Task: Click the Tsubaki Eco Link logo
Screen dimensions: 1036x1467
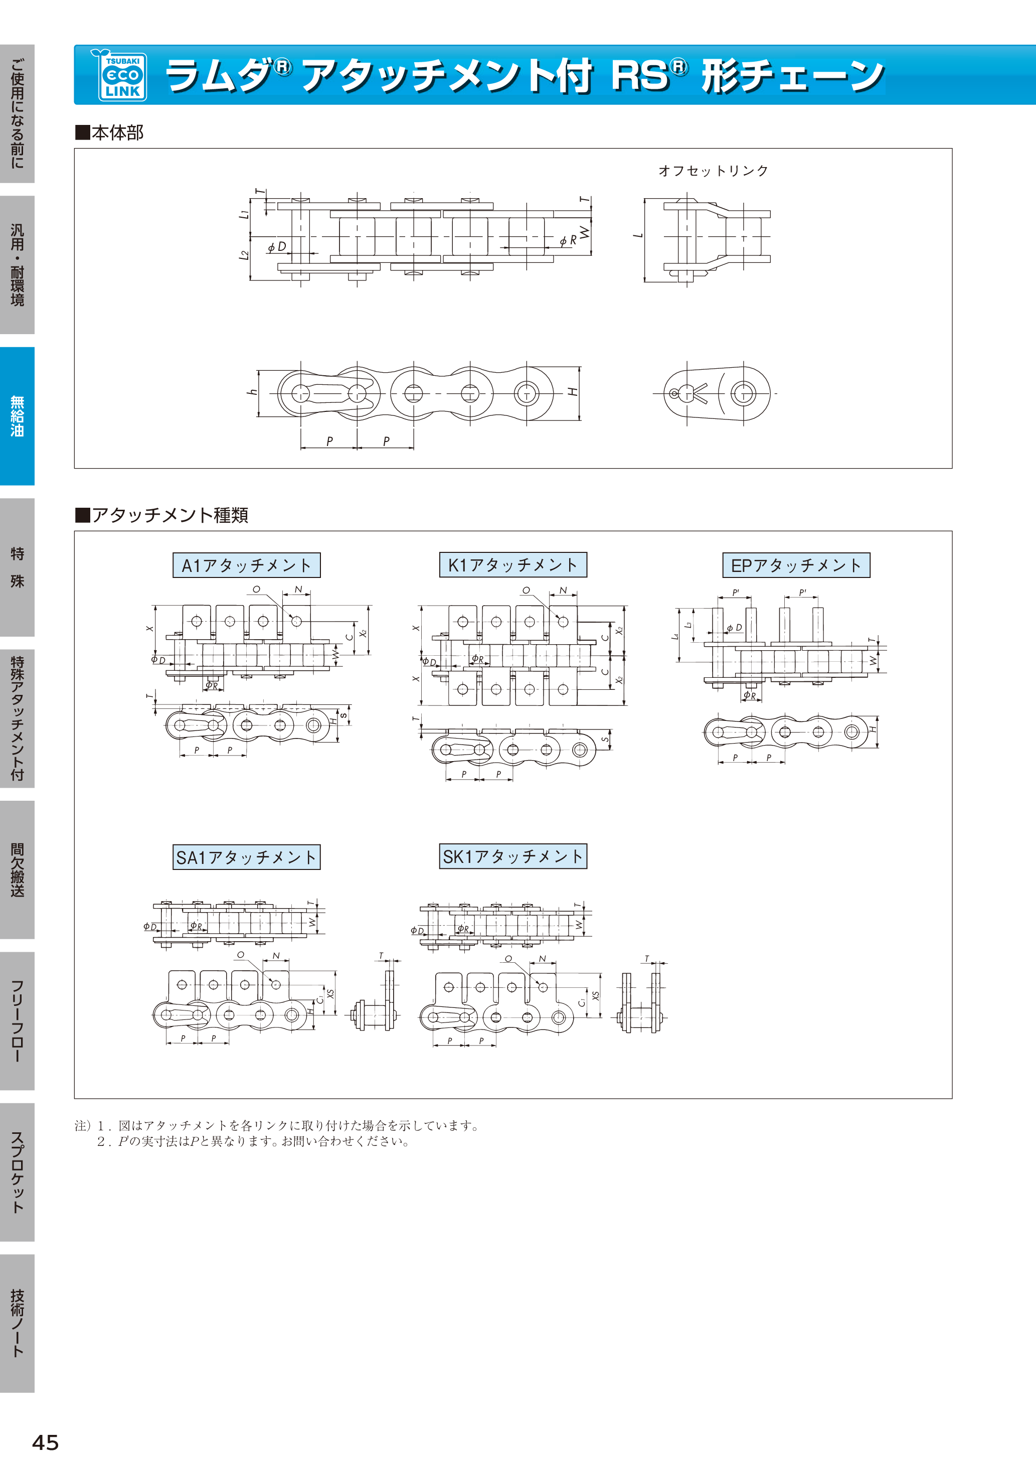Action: click(x=121, y=75)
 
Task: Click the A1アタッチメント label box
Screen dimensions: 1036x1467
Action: click(x=247, y=565)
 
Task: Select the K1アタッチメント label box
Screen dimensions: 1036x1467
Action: click(x=513, y=565)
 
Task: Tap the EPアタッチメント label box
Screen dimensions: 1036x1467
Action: click(x=796, y=565)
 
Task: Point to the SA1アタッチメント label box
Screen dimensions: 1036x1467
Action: click(x=247, y=857)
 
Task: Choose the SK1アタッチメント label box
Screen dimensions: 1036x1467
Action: click(x=513, y=856)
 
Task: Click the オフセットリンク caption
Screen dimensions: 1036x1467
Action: click(x=714, y=171)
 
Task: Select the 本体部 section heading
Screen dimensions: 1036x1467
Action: click(x=109, y=132)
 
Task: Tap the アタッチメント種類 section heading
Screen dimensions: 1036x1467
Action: click(x=161, y=515)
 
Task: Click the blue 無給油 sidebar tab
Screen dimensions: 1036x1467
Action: click(x=17, y=416)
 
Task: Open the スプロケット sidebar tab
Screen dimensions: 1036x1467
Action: click(x=17, y=1172)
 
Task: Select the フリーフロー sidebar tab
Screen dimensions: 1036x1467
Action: click(x=17, y=1021)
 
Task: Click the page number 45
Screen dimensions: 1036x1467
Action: click(x=45, y=1442)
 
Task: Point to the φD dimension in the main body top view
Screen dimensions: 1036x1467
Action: click(x=277, y=247)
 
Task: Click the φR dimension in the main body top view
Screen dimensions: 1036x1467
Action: click(x=568, y=240)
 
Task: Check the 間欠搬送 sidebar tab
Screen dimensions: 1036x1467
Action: click(x=17, y=869)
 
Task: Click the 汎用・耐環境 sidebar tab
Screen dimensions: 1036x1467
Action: click(x=17, y=264)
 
